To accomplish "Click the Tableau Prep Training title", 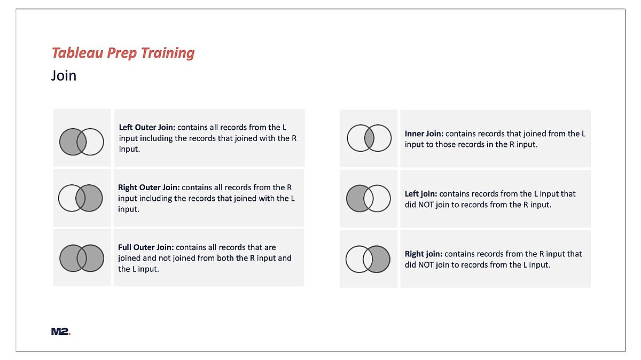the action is pos(123,53).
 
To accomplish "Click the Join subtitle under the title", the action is pos(64,76).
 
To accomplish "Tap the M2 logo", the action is pos(61,331).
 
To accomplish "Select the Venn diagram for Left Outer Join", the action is pos(82,142).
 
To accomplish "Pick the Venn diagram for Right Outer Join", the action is pos(81,198).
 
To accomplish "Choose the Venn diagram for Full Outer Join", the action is pos(82,258).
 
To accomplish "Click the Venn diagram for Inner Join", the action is pos(369,138).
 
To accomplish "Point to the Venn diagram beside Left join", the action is pos(369,198).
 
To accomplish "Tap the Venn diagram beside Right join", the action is pos(368,259).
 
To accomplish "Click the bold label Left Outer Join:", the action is pos(147,127).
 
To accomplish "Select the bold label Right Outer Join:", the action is pos(149,187).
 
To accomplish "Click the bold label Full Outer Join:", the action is pos(146,247).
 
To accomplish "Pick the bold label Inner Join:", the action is pos(424,134).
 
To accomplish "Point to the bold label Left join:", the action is pos(421,194).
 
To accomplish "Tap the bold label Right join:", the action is pos(424,254).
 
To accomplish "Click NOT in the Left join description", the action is pos(426,205).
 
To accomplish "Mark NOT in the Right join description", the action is pos(426,265).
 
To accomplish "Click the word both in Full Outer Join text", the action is pos(225,258).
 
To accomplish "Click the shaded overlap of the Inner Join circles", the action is pos(369,138).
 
